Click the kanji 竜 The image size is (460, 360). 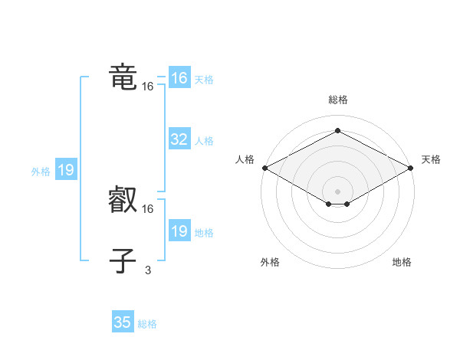123,78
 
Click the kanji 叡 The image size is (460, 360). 123,201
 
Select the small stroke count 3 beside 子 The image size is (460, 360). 147,269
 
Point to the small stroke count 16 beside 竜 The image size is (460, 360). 147,87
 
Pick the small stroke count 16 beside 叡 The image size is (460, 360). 147,208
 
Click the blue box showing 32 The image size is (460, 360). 179,139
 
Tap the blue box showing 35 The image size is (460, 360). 122,322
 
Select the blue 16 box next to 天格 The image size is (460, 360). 179,78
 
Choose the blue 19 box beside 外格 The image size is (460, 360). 66,170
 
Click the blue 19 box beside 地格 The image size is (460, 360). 179,231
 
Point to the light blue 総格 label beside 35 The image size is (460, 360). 147,324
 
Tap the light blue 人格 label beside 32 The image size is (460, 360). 204,141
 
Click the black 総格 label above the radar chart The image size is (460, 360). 337,100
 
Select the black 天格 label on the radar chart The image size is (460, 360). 431,159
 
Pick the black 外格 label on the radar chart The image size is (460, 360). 270,262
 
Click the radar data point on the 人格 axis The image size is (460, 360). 264,168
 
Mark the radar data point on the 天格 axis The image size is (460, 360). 411,168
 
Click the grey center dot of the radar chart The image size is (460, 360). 337,191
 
